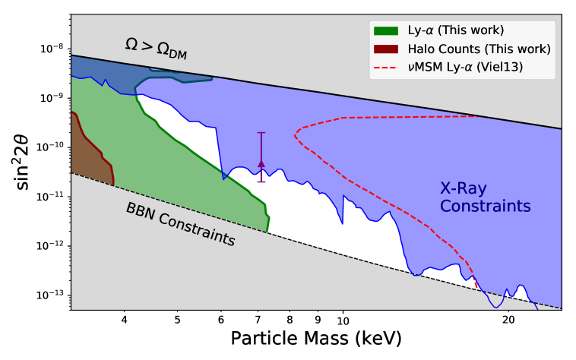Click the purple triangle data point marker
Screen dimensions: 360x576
(x=261, y=163)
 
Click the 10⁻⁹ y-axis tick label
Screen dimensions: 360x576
(x=52, y=98)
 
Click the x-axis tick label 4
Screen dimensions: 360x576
(x=125, y=321)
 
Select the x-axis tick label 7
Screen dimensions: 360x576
(x=258, y=321)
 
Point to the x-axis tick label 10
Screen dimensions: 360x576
(x=343, y=321)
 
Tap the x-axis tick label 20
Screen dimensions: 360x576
(x=509, y=321)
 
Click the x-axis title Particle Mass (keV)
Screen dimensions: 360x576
(x=315, y=339)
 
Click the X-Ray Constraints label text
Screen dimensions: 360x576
(x=485, y=197)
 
